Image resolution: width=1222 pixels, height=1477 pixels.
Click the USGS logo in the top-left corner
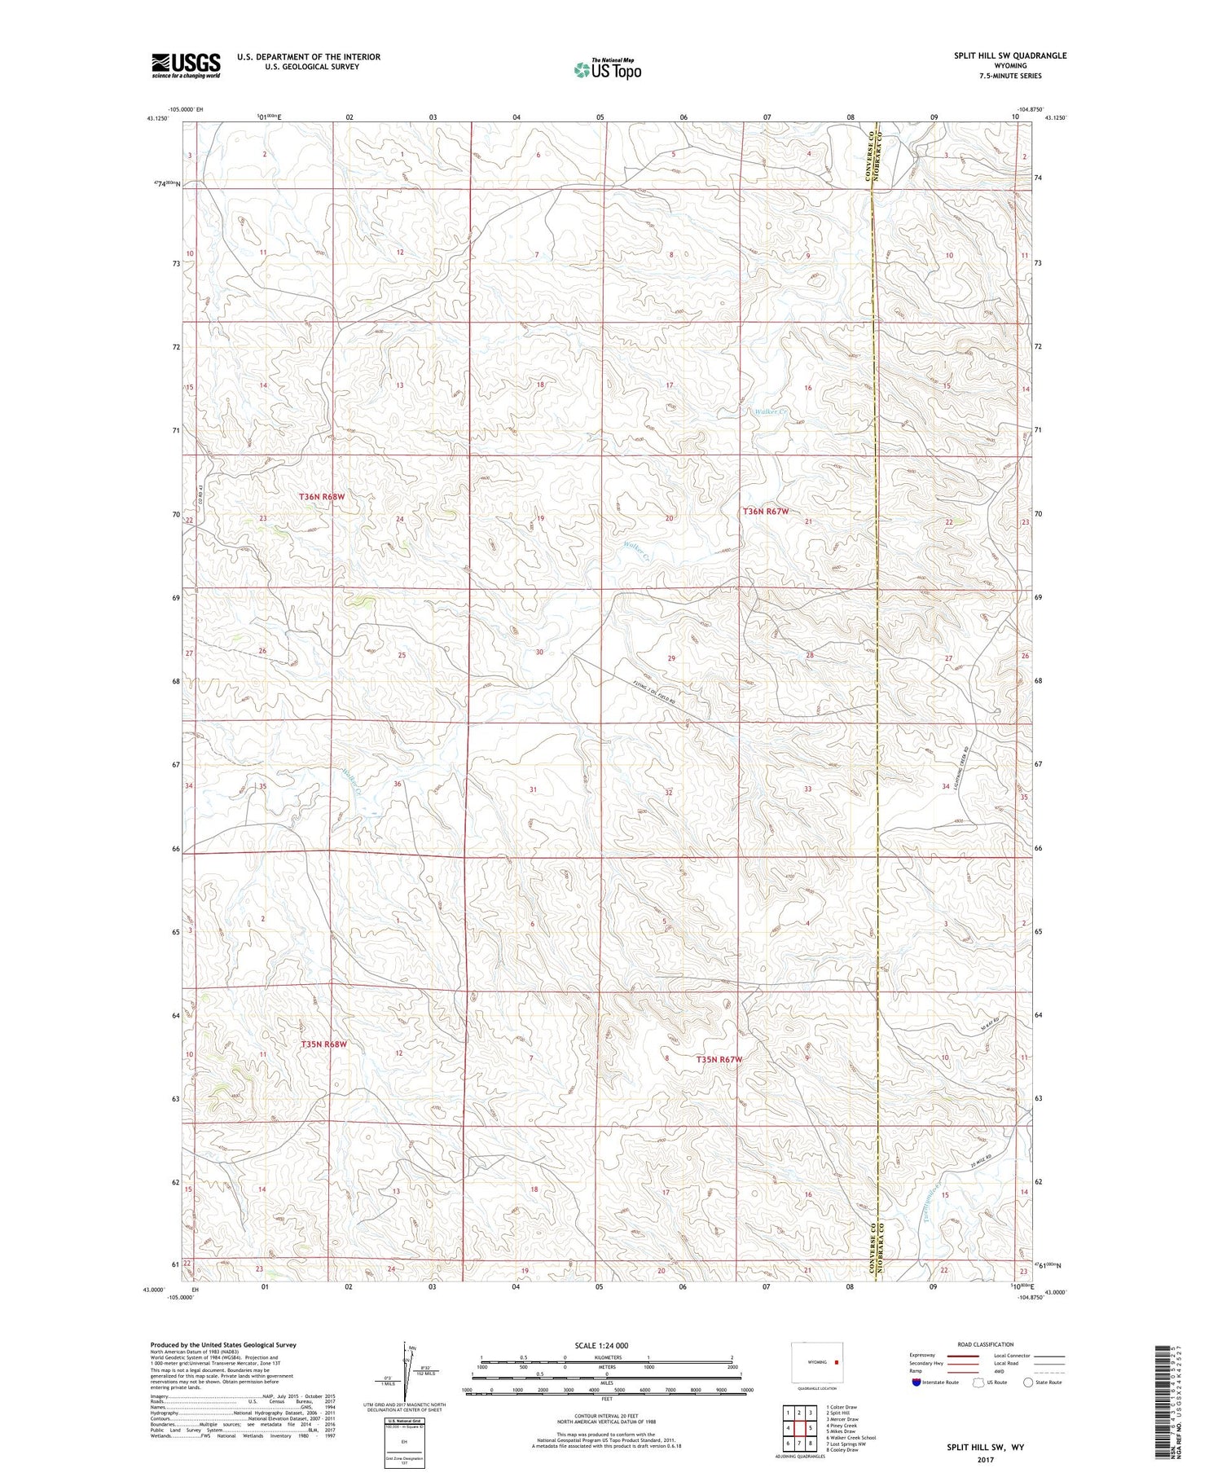coord(186,65)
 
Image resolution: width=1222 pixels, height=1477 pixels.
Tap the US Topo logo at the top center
coord(607,70)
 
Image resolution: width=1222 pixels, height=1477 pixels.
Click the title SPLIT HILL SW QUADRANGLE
coord(1010,55)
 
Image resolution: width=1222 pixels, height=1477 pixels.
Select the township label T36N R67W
coord(765,512)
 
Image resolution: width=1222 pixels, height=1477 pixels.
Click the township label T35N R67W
coord(719,1059)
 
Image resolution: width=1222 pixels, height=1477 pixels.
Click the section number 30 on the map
coord(538,652)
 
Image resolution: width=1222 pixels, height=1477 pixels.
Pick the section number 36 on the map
coord(398,784)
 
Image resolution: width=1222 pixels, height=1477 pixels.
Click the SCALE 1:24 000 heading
coord(601,1345)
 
